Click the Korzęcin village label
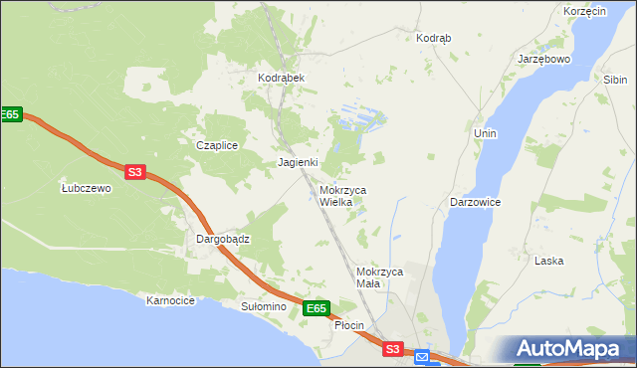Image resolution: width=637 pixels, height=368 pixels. pos(584,11)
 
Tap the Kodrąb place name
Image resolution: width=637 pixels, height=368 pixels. pos(433,38)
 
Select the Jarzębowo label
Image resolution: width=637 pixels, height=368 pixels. pos(543,59)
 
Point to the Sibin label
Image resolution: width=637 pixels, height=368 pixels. pos(614,79)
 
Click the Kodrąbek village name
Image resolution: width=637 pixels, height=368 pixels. pos(280,78)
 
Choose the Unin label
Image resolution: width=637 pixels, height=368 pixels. pos(486,133)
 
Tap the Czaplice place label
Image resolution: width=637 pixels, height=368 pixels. pos(216,145)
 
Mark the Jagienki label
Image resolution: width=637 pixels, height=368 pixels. pos(298,162)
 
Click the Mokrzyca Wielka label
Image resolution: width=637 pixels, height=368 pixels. pos(343,195)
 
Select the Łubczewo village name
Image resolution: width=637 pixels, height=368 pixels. pos(86,188)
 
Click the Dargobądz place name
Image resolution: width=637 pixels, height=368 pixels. pos(222,240)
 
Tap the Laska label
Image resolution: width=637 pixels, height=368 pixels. pos(548,261)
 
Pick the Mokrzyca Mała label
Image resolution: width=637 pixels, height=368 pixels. pos(378,277)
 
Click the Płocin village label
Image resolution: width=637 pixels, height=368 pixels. pos(349,325)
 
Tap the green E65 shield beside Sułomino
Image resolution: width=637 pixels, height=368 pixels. pos(316,309)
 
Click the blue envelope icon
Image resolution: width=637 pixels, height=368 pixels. pos(422,356)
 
